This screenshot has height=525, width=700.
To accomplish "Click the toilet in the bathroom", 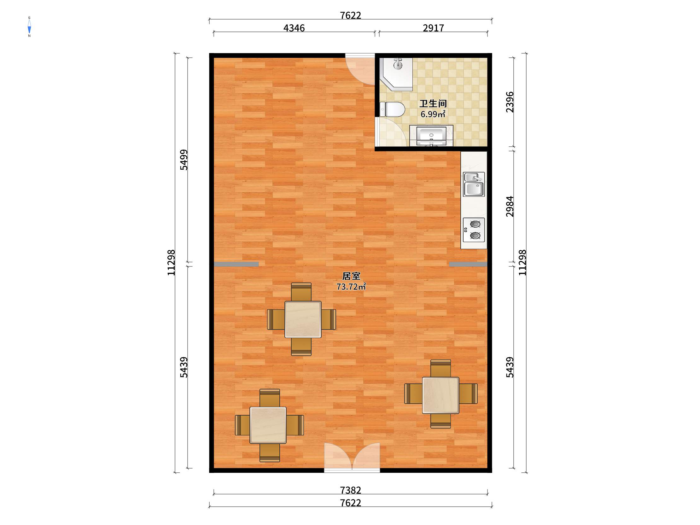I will click(x=392, y=109).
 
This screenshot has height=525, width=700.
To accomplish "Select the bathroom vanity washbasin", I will click(x=431, y=136).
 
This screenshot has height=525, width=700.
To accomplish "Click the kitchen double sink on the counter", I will click(x=473, y=184).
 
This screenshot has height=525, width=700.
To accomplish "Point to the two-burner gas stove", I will click(x=474, y=230).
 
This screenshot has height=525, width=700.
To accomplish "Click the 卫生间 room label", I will click(x=433, y=103).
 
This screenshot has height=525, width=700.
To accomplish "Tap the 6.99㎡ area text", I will click(x=433, y=114).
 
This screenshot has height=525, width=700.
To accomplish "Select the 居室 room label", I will click(x=351, y=276).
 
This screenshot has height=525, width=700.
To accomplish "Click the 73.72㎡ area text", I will click(x=351, y=287).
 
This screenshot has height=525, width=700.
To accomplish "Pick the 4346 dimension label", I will click(x=294, y=28).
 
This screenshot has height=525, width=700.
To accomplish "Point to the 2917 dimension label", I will click(x=433, y=28).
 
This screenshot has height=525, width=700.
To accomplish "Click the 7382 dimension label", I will click(x=350, y=490).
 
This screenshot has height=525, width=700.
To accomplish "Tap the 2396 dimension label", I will click(x=510, y=102).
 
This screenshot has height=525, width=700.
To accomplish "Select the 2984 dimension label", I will click(x=510, y=206).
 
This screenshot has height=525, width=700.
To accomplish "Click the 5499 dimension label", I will click(x=184, y=160).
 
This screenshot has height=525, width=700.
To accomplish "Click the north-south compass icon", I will click(x=29, y=27).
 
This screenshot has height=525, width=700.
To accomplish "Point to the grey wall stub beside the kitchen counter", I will click(x=468, y=264).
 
